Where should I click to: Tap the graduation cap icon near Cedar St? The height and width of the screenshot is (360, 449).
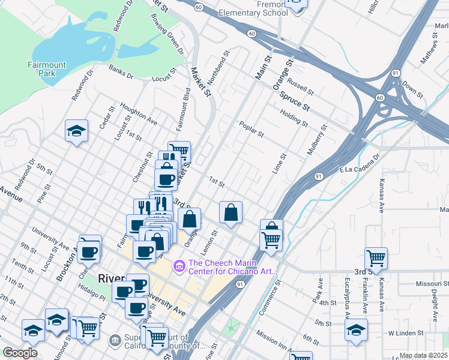(77, 131)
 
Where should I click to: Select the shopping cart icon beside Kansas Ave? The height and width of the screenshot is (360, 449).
(376, 258)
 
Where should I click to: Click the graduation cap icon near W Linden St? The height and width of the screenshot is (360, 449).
(357, 330)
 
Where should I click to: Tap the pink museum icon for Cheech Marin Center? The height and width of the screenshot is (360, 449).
(179, 265)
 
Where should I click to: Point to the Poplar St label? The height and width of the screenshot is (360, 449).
(252, 129)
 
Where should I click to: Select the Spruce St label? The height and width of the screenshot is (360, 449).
(298, 100)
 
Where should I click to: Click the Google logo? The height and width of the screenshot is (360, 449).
(20, 353)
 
